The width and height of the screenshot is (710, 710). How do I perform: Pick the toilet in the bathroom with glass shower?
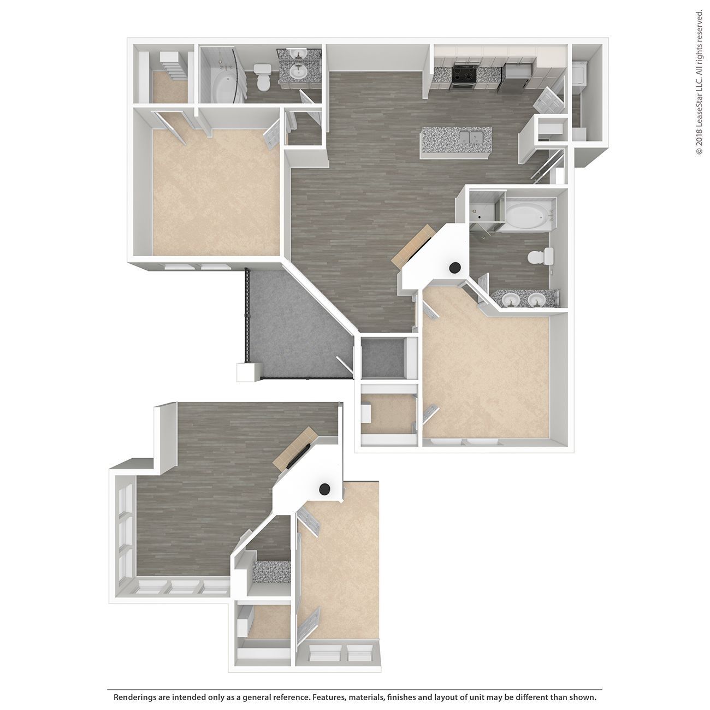click(x=542, y=256)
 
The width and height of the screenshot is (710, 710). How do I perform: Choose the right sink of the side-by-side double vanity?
click(x=536, y=299)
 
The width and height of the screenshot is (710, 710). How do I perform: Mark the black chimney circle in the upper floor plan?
click(x=454, y=268)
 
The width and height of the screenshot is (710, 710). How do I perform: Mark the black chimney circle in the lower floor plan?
click(x=325, y=489)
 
